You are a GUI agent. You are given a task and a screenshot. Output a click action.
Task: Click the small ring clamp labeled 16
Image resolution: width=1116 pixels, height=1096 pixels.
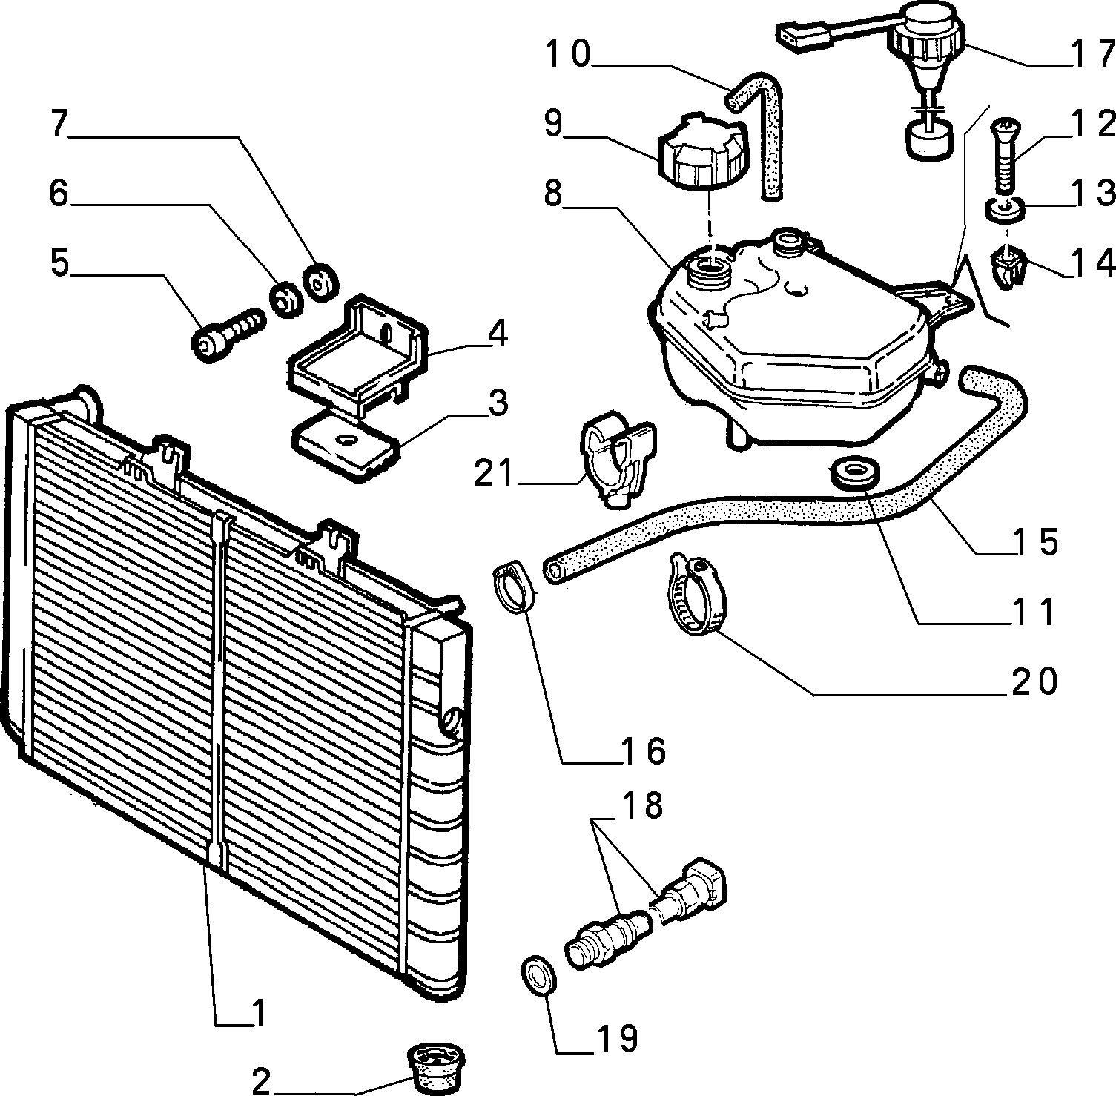coord(513,587)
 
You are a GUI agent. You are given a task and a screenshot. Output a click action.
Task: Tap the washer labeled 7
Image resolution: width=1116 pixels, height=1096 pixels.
coord(322,281)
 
